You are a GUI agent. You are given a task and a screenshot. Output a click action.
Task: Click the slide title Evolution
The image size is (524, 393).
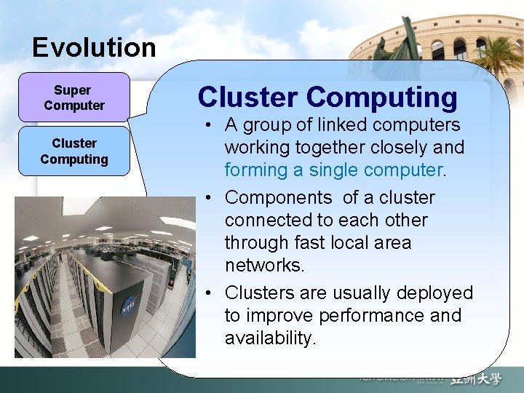[x=94, y=48]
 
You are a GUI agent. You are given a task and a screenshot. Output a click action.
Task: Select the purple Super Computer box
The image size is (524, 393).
[x=74, y=98]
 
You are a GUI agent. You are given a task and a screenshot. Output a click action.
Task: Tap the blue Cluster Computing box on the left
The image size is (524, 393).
[x=74, y=151]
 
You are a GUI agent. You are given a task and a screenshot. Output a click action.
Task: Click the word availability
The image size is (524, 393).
[x=271, y=338]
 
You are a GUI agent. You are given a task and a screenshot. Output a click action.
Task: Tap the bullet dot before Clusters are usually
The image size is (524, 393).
[x=209, y=293]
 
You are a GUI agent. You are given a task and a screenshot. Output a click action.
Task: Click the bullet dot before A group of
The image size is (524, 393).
[x=209, y=126]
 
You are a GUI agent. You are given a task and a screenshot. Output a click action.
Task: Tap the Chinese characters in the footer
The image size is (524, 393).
[x=476, y=379]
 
